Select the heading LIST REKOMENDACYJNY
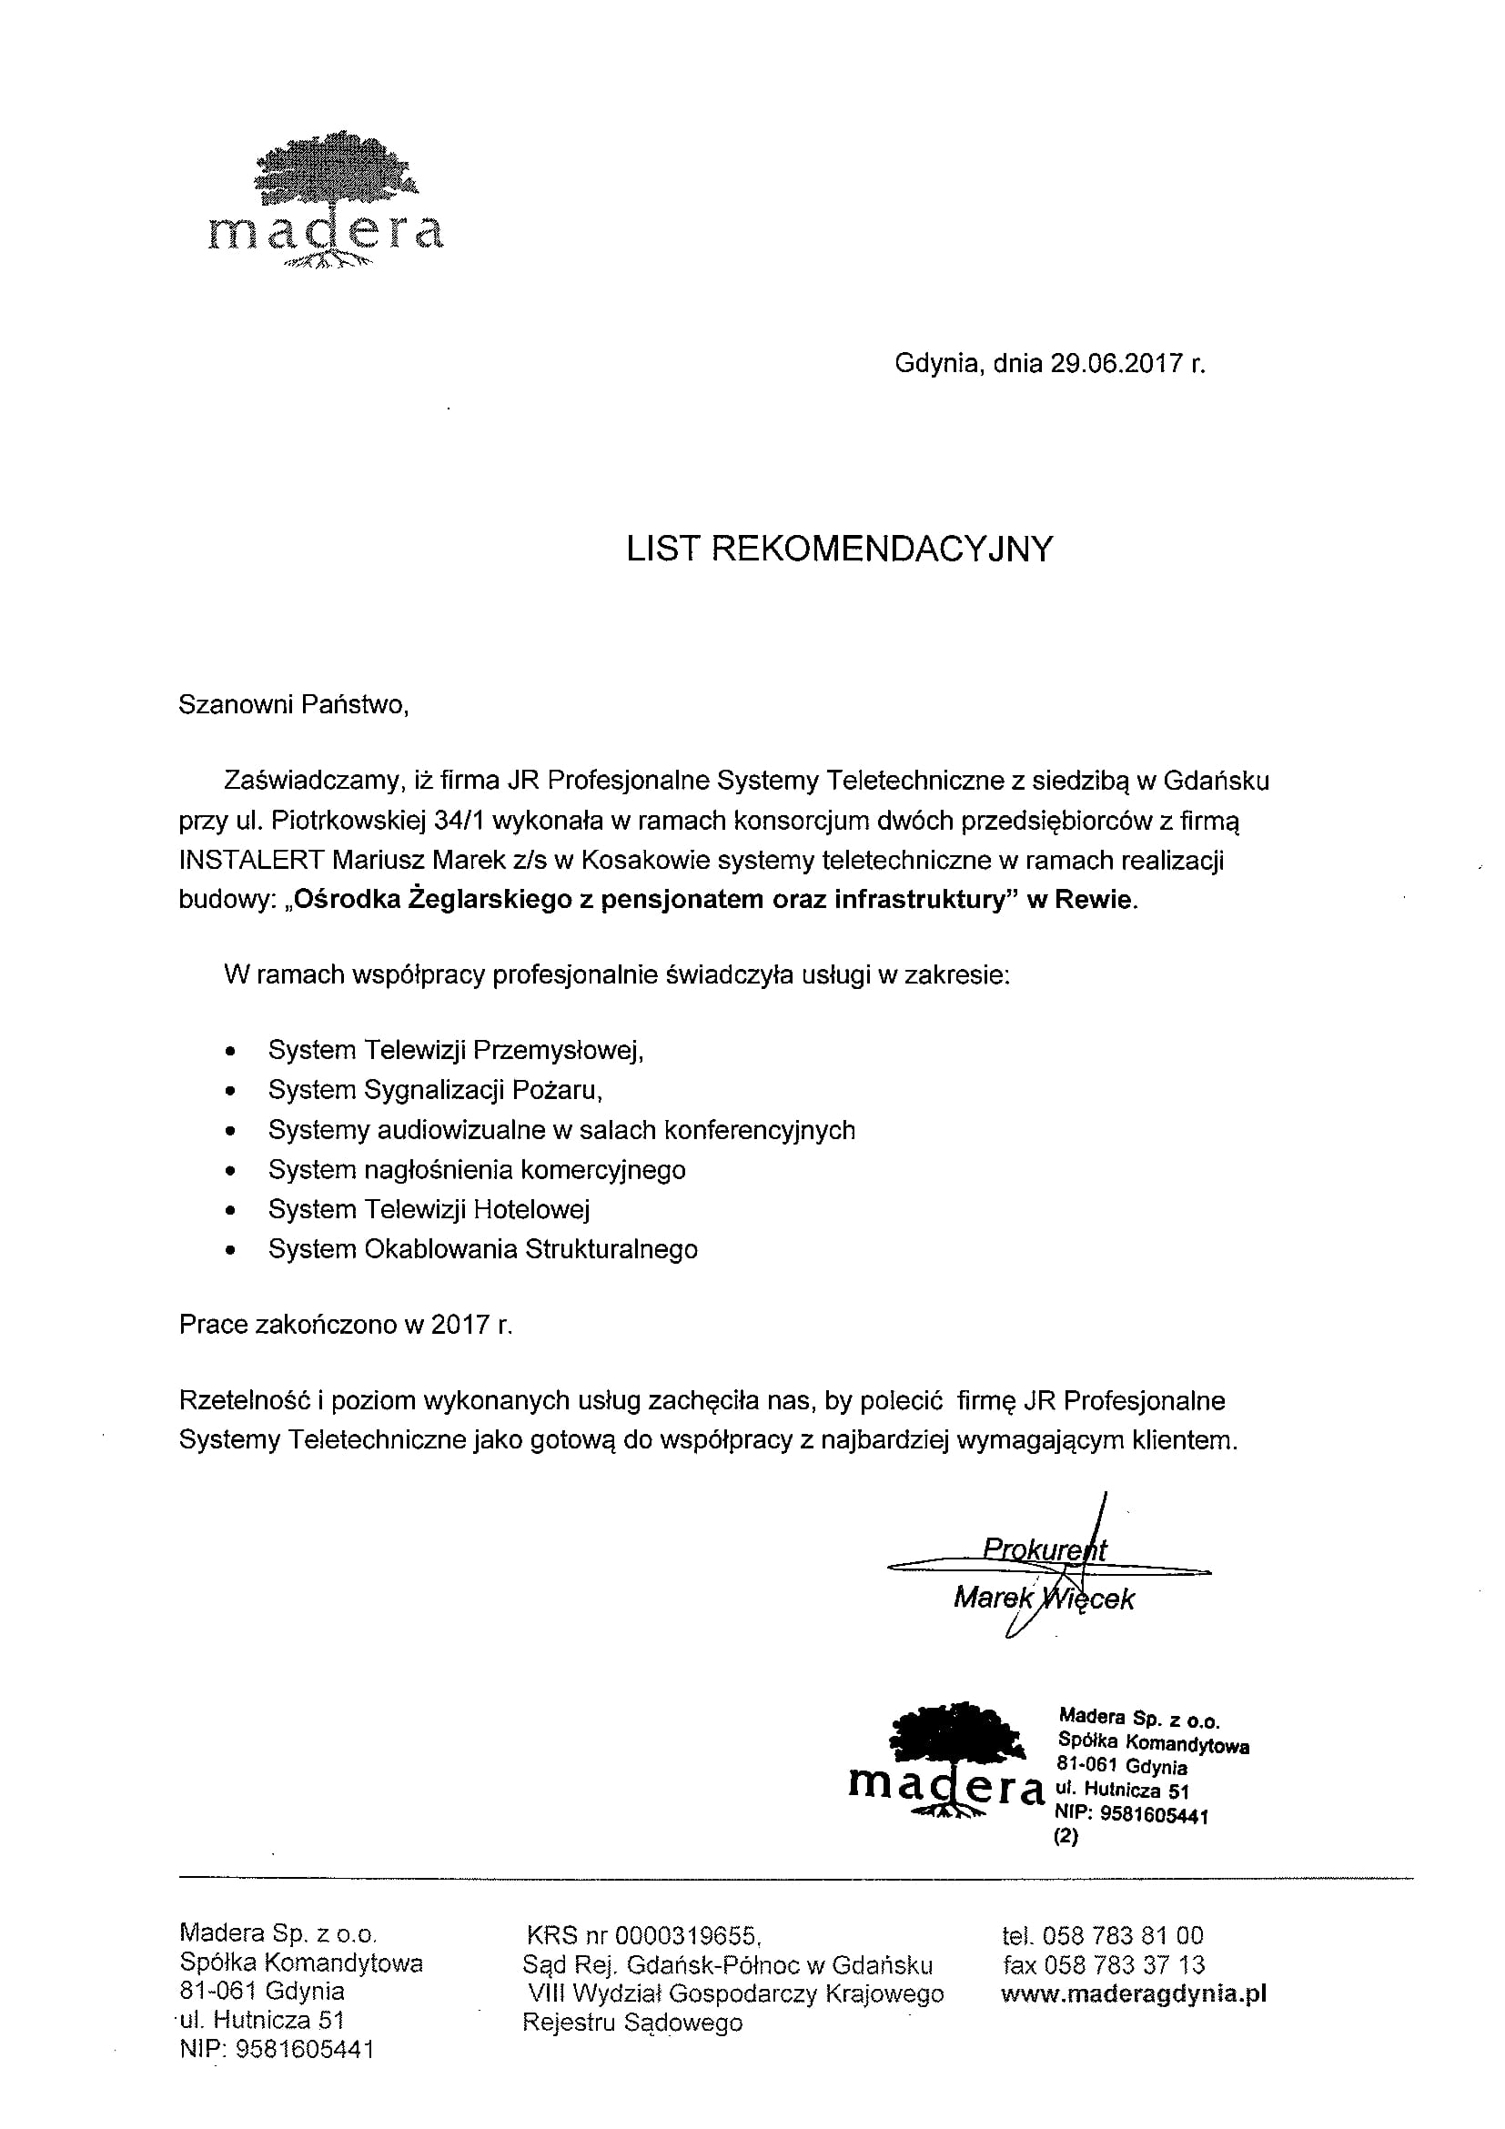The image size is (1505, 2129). coord(839,549)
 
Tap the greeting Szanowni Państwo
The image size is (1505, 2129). coord(293,705)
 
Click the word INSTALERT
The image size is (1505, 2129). coord(251,861)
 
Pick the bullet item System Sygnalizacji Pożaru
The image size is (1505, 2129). coord(435,1090)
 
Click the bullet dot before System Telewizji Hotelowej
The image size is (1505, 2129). coord(231,1211)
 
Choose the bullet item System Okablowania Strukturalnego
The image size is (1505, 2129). coord(482,1249)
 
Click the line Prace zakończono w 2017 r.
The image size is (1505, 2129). coord(345,1324)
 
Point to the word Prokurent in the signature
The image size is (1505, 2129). coord(1045,1549)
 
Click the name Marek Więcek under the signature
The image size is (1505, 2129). coord(1043,1599)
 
